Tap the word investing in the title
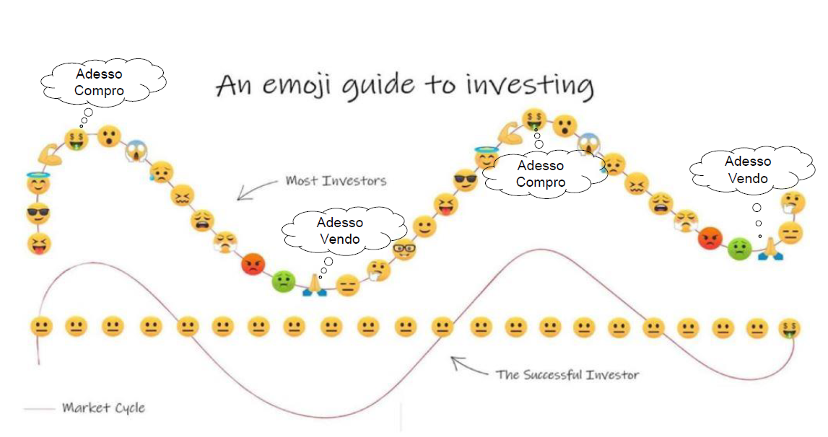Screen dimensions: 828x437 pyautogui.click(x=530, y=86)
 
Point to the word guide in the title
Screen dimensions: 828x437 pyautogui.click(x=378, y=86)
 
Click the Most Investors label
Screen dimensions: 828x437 pyautogui.click(x=336, y=181)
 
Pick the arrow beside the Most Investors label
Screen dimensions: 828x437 pyautogui.click(x=257, y=190)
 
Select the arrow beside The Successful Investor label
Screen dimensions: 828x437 pyautogui.click(x=469, y=366)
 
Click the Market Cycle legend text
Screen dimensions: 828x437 pyautogui.click(x=103, y=407)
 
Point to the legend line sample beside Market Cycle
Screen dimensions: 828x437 pyautogui.click(x=39, y=408)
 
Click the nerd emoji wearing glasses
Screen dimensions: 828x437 pyautogui.click(x=404, y=249)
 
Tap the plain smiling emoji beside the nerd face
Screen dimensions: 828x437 pyautogui.click(x=424, y=227)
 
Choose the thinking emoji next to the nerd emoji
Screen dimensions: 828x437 pyautogui.click(x=378, y=271)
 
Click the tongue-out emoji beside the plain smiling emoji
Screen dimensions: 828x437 pyautogui.click(x=445, y=204)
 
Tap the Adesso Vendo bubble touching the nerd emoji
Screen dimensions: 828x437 pyautogui.click(x=342, y=231)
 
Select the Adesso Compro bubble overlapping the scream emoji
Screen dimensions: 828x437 pyautogui.click(x=543, y=173)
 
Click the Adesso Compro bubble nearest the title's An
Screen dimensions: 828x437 pyautogui.click(x=102, y=81)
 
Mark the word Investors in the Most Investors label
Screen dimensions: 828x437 pyautogui.click(x=354, y=181)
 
